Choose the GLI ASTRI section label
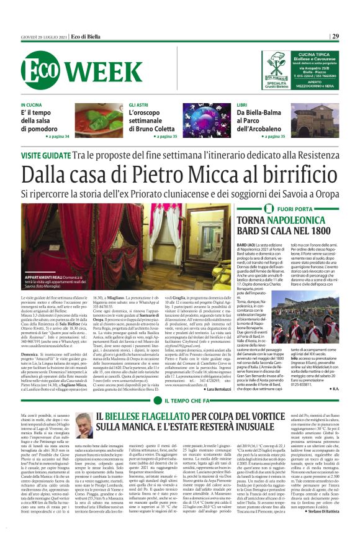click(139, 105)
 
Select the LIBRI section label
click(243, 105)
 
